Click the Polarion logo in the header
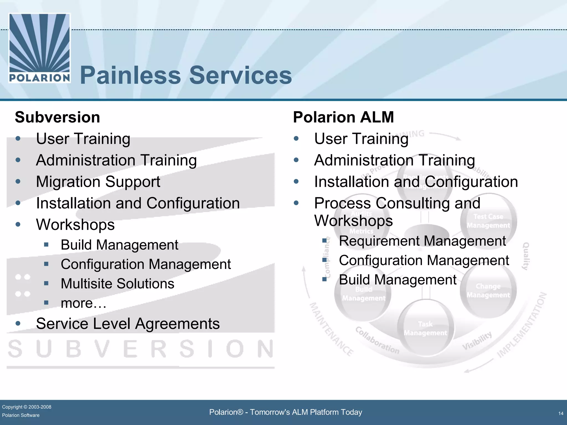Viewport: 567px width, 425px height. (40, 48)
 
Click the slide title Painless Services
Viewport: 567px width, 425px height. (186, 75)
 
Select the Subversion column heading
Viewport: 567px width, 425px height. (57, 117)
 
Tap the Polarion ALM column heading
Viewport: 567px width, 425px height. (343, 117)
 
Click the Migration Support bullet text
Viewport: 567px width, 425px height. (98, 182)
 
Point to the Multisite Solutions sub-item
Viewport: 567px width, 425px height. (117, 284)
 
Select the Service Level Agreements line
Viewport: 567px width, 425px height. (128, 323)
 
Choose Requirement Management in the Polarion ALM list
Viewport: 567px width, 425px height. (422, 241)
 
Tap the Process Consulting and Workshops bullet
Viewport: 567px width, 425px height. (397, 212)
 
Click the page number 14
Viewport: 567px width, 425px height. (561, 413)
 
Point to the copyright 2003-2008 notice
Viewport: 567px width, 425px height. (27, 407)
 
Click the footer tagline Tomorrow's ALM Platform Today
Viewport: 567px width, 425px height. (285, 412)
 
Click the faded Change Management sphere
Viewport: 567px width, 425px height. (488, 291)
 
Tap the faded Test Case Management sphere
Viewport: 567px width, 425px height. (488, 221)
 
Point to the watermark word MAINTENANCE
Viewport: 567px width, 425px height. (331, 329)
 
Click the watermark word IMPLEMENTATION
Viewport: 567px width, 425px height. (522, 325)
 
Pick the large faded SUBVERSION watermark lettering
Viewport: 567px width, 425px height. (141, 349)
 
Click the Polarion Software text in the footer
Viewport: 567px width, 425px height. (21, 415)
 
